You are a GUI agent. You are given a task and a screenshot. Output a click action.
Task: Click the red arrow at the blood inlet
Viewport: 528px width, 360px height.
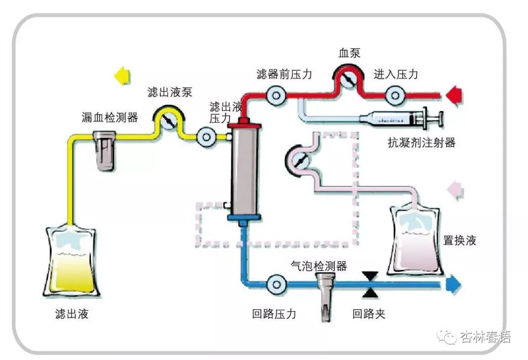453,94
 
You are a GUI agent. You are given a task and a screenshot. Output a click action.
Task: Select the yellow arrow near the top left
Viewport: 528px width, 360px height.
122,76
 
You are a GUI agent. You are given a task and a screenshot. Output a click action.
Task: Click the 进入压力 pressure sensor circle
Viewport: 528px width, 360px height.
394,95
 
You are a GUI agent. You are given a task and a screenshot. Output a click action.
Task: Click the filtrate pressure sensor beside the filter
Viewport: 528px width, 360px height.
206,137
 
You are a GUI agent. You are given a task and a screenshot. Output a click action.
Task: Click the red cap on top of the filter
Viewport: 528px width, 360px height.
243,125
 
